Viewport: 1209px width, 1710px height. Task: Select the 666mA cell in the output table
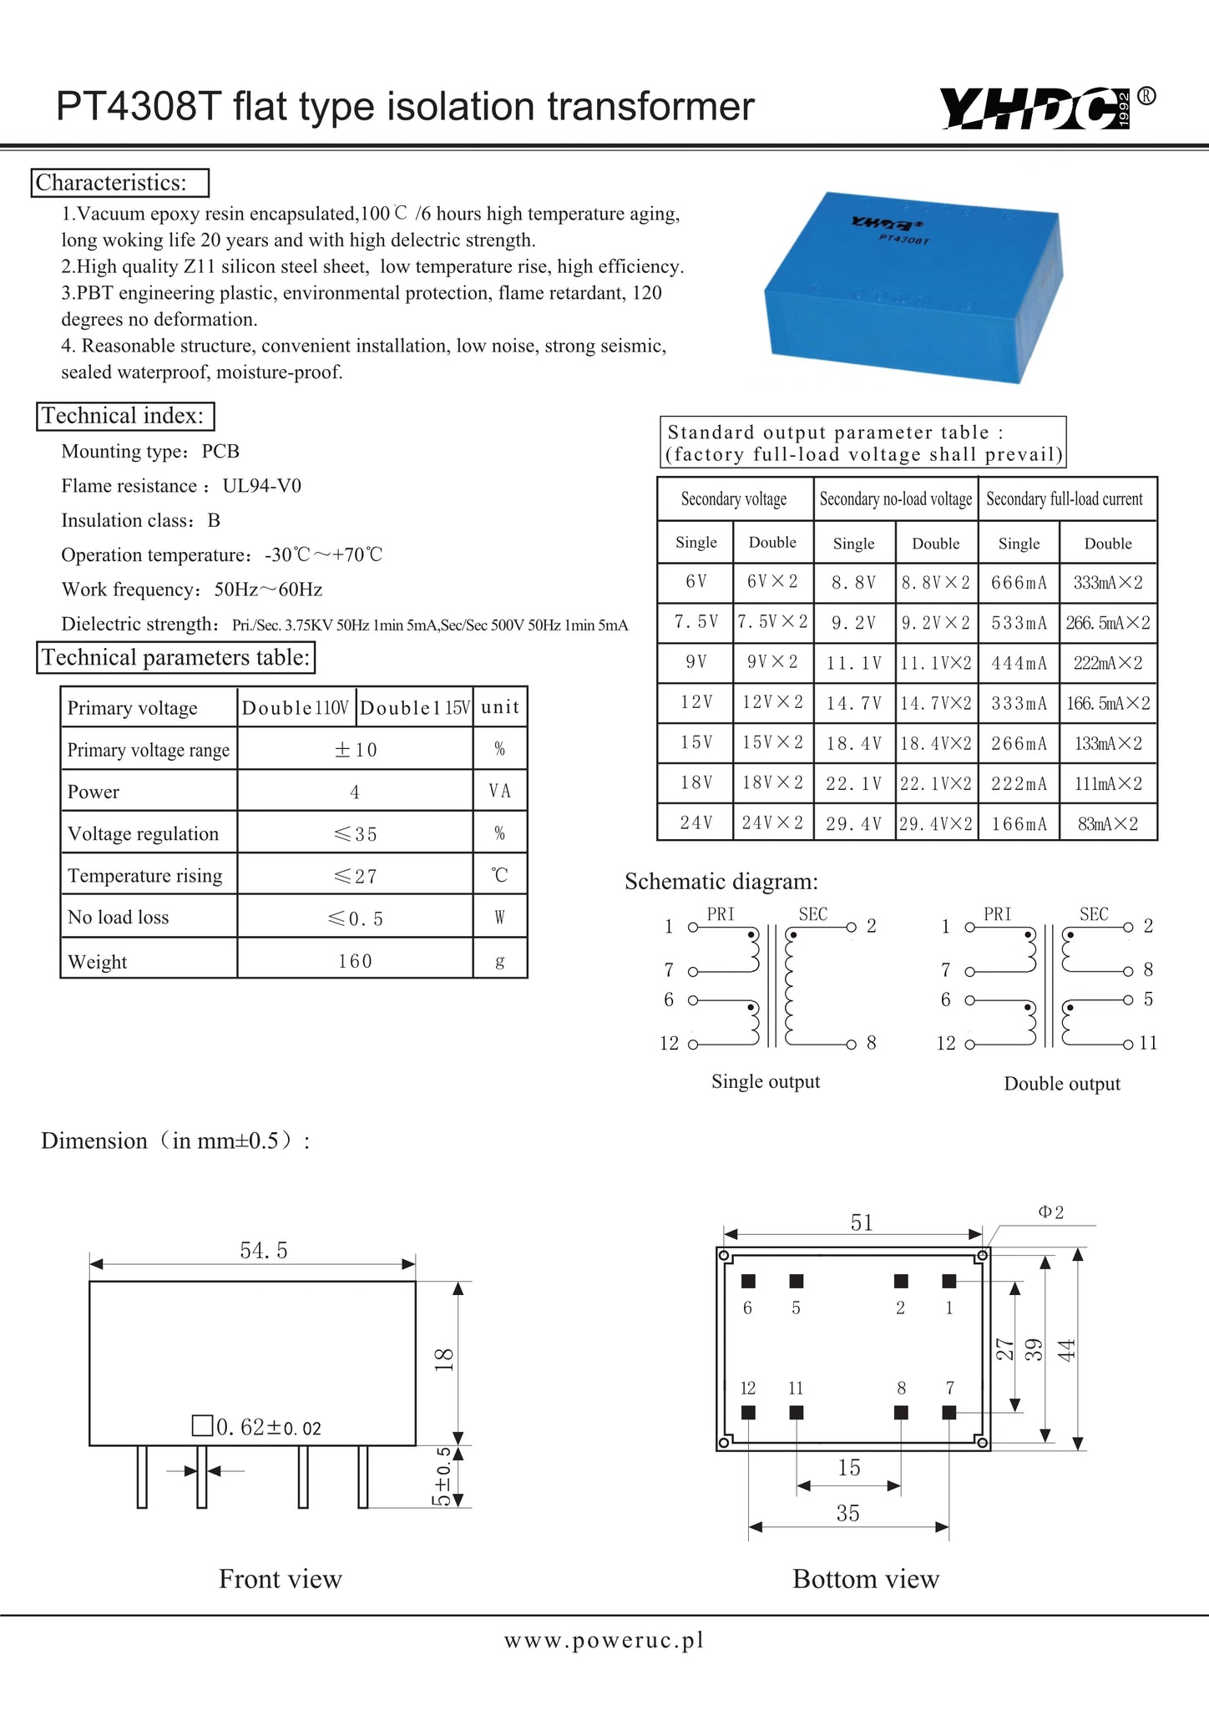1019,583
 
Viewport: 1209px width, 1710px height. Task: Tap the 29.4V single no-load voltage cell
853,824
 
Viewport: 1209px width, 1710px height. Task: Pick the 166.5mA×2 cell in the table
1108,704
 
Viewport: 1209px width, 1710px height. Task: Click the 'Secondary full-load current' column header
1065,499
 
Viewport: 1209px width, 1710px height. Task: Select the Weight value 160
355,961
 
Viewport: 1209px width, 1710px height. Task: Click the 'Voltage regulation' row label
143,833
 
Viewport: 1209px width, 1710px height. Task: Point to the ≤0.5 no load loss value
355,918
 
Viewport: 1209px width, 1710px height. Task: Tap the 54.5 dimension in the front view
264,1250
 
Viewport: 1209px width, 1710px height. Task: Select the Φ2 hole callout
1051,1212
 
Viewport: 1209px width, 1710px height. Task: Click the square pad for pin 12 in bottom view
748,1412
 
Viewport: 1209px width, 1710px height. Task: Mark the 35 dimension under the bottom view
847,1513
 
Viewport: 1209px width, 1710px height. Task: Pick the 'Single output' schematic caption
766,1081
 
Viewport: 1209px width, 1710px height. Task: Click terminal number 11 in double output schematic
1148,1043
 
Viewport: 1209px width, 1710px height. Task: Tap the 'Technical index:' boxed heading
124,416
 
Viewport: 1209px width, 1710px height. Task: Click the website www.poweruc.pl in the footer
604,1640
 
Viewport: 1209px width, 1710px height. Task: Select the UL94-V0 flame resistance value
261,486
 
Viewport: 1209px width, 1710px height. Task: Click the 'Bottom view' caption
866,1579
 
